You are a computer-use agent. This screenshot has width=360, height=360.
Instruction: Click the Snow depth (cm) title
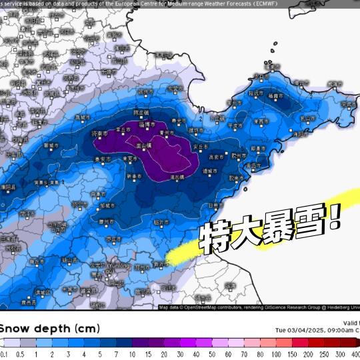(x=51, y=329)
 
